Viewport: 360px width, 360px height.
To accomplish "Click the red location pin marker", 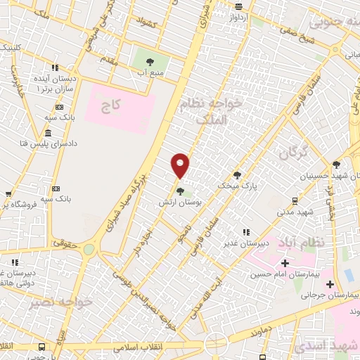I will click(x=181, y=165).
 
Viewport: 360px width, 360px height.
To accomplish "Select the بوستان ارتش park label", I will click(x=181, y=202).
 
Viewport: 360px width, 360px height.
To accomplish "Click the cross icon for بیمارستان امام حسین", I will click(x=285, y=262).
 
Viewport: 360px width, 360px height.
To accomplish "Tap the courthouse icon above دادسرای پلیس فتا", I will click(x=48, y=134).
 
